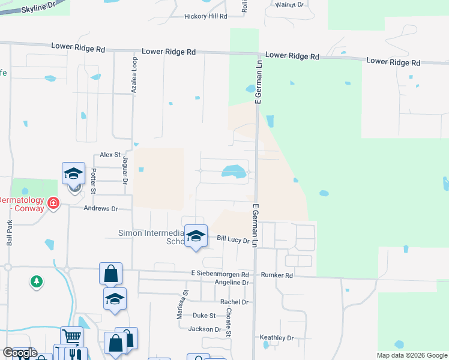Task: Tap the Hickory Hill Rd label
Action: (x=206, y=17)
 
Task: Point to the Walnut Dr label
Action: (x=290, y=5)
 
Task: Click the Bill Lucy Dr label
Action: (x=233, y=239)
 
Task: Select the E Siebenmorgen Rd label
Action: (x=220, y=274)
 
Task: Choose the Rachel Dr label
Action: (x=234, y=302)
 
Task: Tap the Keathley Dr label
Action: (x=277, y=338)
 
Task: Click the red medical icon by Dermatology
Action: (x=53, y=203)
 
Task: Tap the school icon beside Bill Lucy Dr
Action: (x=196, y=235)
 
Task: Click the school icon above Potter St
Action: (x=74, y=173)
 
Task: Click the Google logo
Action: (x=20, y=353)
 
